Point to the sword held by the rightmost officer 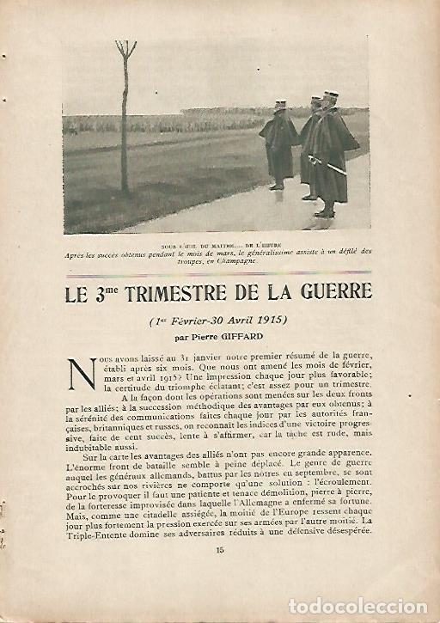point(327,164)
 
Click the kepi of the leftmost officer point(279,106)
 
